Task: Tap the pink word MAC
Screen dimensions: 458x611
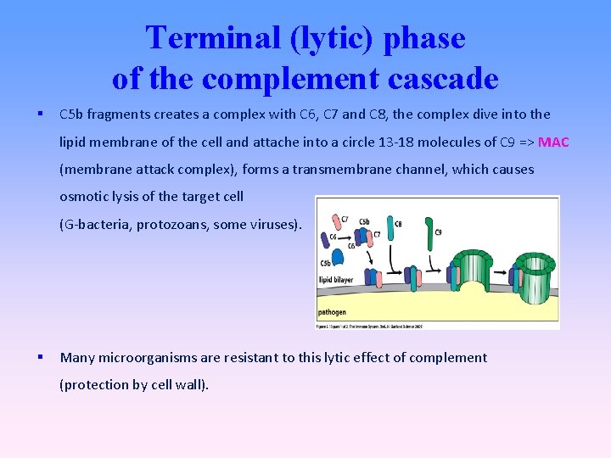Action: click(x=553, y=141)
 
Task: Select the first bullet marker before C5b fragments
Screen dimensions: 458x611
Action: click(x=41, y=114)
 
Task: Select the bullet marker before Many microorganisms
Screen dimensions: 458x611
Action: click(x=41, y=357)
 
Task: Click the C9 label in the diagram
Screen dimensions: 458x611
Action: click(x=438, y=232)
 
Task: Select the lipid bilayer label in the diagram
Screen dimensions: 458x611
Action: click(x=337, y=278)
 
